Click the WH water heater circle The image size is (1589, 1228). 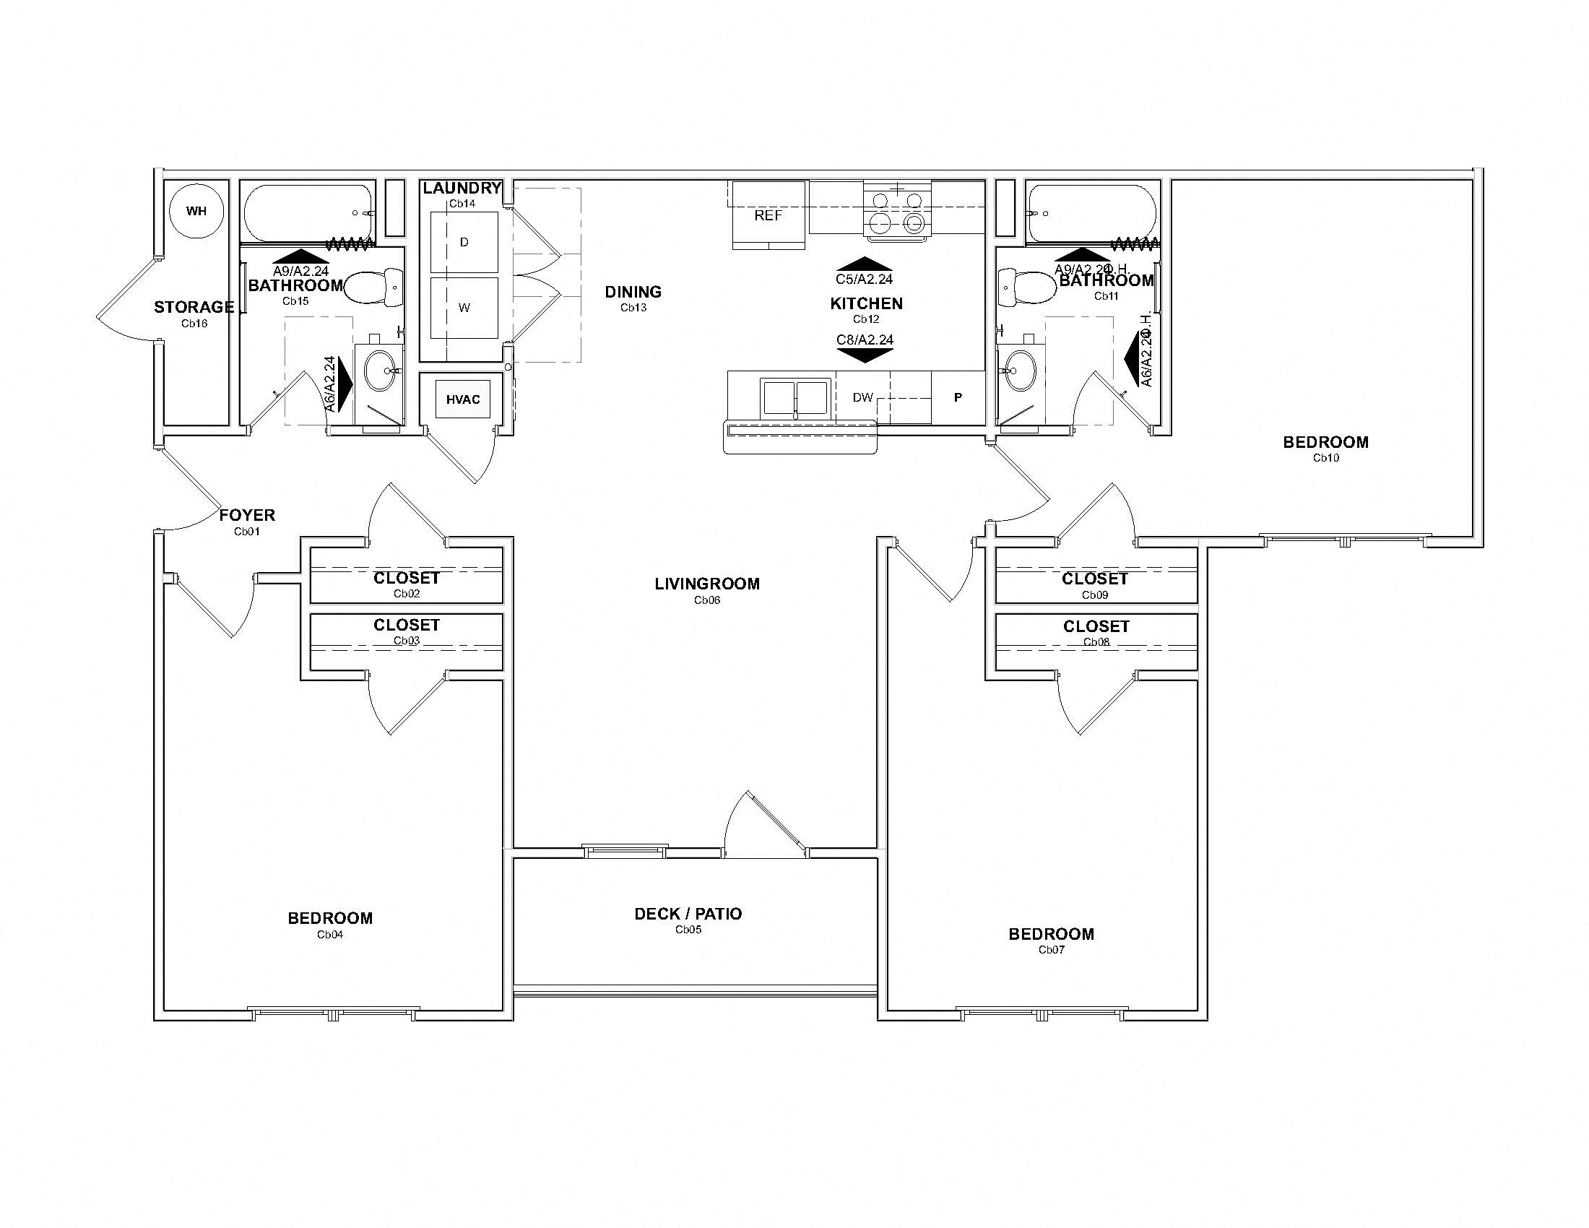(x=196, y=211)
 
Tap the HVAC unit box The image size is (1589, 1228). (x=463, y=399)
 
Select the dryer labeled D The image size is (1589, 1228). (x=464, y=242)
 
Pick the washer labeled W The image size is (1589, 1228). (x=464, y=308)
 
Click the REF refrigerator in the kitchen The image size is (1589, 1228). (x=768, y=215)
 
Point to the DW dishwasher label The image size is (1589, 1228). (x=862, y=397)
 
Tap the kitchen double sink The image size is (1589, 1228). (x=795, y=397)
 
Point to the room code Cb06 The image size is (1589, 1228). (x=706, y=600)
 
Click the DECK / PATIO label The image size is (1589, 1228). (x=688, y=914)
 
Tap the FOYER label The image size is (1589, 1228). (x=247, y=515)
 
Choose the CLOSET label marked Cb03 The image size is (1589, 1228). (x=406, y=625)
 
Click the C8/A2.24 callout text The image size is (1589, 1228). (x=865, y=340)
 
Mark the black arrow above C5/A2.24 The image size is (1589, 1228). (x=865, y=264)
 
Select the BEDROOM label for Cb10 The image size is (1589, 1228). (x=1325, y=442)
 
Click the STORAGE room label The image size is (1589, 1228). (x=194, y=307)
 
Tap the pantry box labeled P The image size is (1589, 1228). (x=958, y=397)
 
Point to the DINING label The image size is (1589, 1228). (x=633, y=292)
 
